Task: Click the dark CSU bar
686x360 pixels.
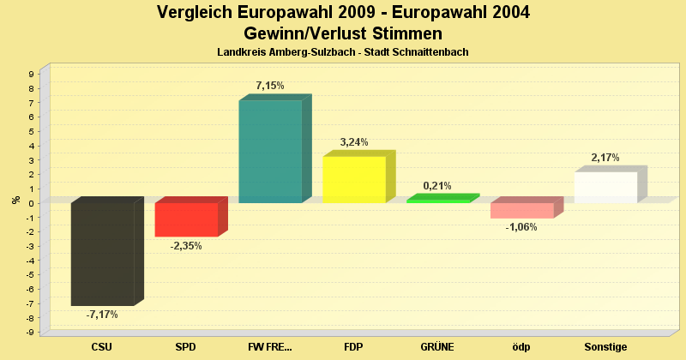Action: pos(102,254)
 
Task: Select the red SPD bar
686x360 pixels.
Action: pos(186,219)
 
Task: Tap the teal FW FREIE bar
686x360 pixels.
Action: pos(270,152)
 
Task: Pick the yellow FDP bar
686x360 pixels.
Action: pos(354,179)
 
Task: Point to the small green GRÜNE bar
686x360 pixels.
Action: pos(438,201)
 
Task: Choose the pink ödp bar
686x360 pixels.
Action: pos(522,211)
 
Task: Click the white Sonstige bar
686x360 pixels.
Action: pos(605,187)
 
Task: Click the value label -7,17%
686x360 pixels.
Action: pos(102,315)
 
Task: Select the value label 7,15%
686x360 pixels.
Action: pos(270,86)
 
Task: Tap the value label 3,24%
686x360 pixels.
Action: pos(354,142)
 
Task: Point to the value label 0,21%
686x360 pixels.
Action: pos(437,185)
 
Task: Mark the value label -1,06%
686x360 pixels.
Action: pos(521,227)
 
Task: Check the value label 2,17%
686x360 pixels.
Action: pos(605,158)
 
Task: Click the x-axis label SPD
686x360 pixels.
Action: pos(186,347)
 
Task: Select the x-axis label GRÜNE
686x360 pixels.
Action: pos(437,347)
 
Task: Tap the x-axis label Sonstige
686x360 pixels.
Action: pos(605,347)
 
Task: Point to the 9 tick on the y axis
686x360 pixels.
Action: pos(31,75)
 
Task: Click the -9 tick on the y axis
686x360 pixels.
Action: pos(30,332)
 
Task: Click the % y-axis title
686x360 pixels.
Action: pos(15,200)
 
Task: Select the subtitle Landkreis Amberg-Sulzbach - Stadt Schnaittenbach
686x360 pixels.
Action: pos(343,52)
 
